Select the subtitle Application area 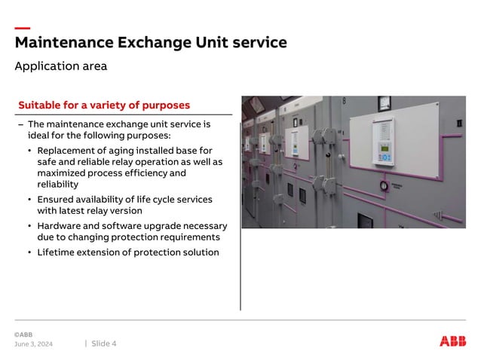[60, 66]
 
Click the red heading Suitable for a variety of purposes [104, 105]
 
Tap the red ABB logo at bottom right [452, 341]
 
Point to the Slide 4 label [104, 344]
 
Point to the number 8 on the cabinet [345, 101]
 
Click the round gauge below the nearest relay [384, 186]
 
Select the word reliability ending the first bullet [57, 185]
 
